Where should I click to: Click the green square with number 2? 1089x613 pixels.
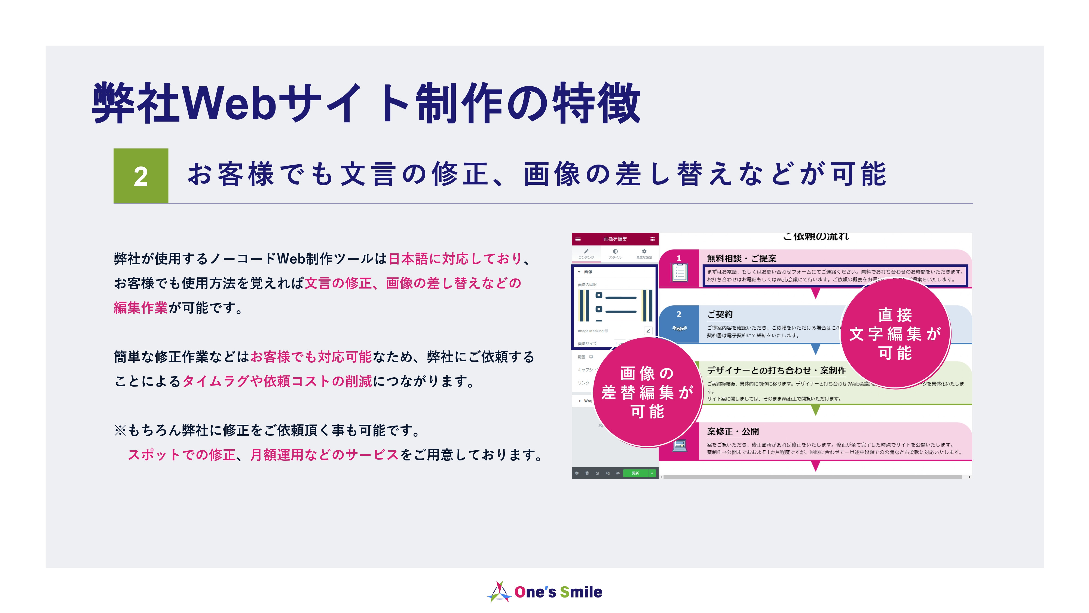click(141, 175)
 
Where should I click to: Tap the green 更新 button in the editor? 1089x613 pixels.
click(635, 473)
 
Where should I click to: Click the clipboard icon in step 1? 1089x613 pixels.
click(679, 273)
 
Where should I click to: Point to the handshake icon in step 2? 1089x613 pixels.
click(679, 328)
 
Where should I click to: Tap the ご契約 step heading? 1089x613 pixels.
click(720, 314)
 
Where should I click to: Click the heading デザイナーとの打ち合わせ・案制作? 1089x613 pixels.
click(776, 371)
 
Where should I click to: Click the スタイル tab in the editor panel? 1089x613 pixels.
click(615, 254)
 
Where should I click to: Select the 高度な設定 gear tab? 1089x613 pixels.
click(644, 254)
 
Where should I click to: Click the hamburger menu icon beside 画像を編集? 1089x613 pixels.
click(578, 239)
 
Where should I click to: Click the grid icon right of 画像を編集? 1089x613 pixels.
click(652, 239)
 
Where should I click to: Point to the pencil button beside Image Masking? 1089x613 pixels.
click(648, 331)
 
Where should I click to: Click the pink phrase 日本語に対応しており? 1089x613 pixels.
click(455, 259)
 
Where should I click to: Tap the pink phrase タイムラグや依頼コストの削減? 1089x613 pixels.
click(277, 381)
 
